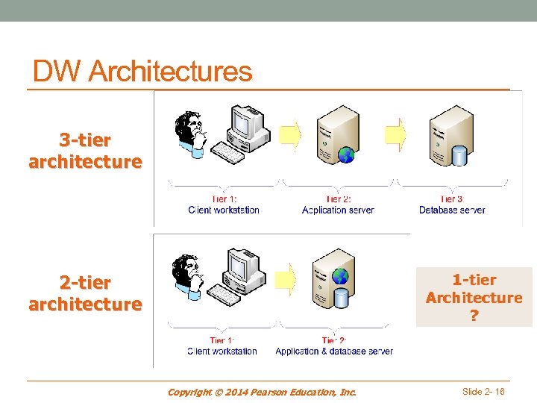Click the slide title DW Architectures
[x=142, y=72]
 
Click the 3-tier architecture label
[x=85, y=151]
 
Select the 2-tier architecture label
[x=85, y=293]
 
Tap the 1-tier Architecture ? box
[x=474, y=297]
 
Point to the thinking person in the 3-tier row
[x=189, y=134]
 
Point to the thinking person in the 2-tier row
[x=187, y=277]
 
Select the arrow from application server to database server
[x=396, y=134]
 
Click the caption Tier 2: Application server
[x=338, y=204]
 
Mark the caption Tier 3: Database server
[x=452, y=204]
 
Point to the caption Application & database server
[x=333, y=351]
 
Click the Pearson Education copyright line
[x=262, y=392]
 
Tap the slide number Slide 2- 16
[x=483, y=391]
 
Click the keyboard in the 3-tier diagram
[x=225, y=154]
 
